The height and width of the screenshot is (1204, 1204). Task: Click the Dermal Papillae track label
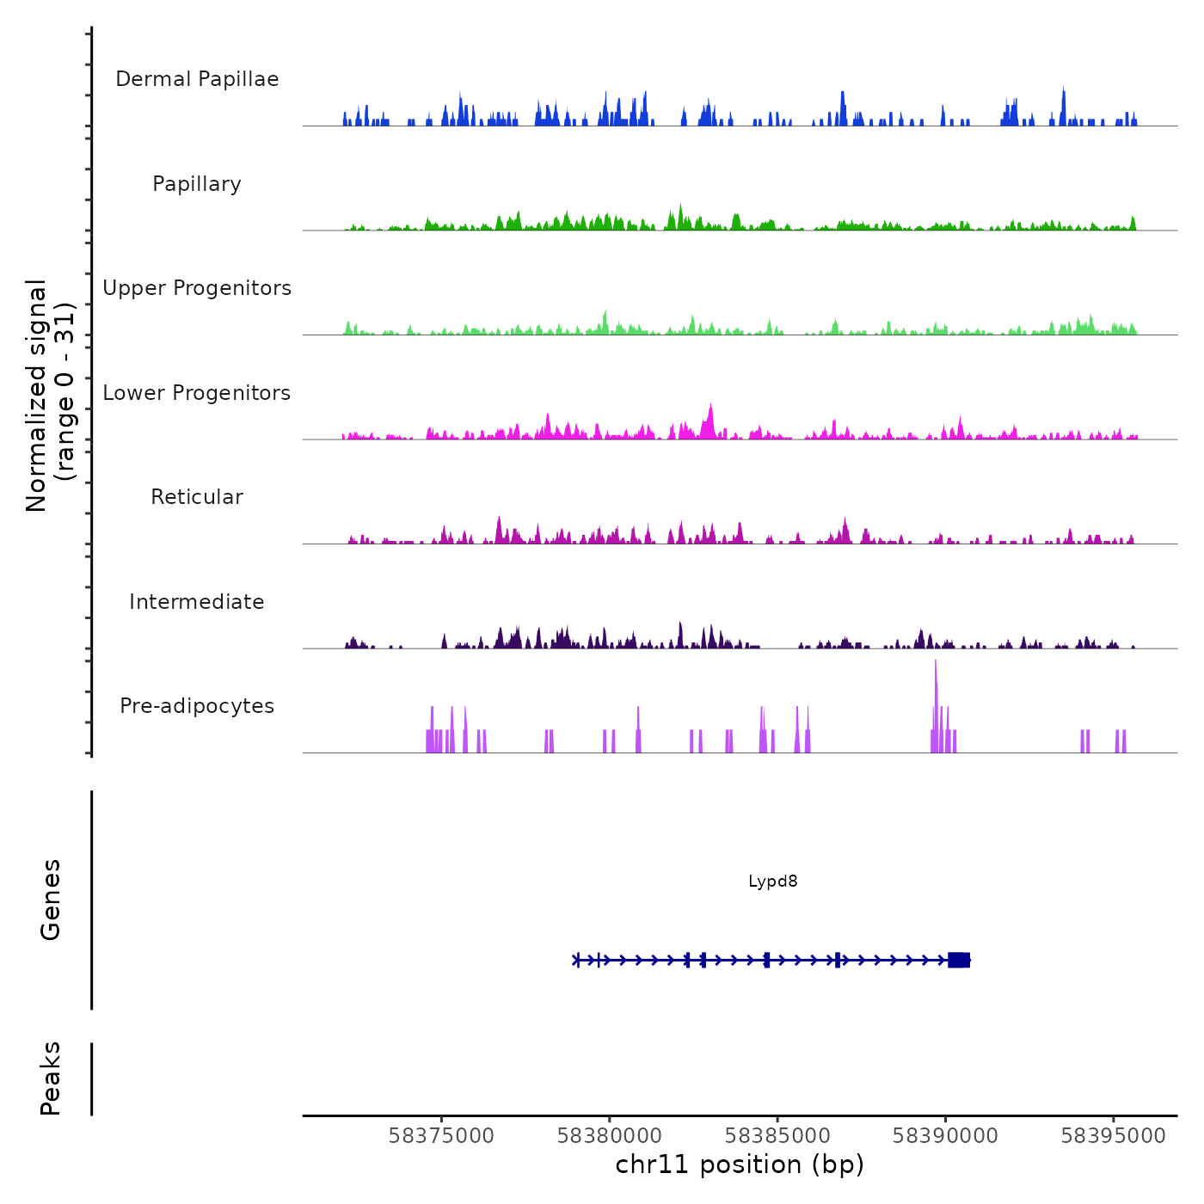[197, 79]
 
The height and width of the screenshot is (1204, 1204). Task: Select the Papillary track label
[197, 184]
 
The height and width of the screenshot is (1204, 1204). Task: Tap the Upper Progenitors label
[197, 288]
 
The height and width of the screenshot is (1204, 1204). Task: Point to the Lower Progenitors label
[197, 393]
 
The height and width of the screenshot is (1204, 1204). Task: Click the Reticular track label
[197, 497]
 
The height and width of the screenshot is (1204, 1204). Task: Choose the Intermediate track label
[197, 602]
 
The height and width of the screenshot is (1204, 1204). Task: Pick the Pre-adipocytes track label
[197, 706]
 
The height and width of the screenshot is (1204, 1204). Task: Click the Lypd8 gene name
[772, 881]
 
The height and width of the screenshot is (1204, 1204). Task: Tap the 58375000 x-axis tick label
[441, 1136]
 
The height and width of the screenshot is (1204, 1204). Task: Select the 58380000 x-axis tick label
[610, 1136]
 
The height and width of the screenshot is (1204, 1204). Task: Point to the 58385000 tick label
[777, 1136]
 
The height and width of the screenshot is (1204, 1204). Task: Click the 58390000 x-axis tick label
[945, 1136]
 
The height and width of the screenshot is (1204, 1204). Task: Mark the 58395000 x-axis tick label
[1113, 1136]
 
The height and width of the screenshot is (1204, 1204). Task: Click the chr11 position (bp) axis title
[740, 1165]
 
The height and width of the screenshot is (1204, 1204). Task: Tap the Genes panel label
[50, 900]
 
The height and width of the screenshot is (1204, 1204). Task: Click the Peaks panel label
[50, 1078]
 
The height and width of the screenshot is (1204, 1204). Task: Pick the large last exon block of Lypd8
[959, 960]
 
